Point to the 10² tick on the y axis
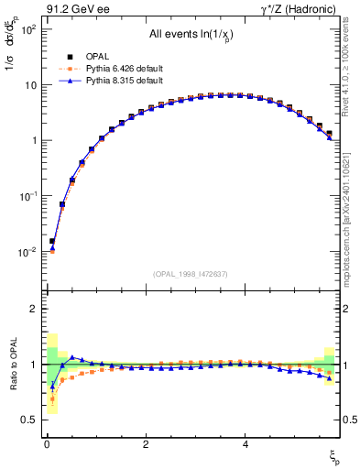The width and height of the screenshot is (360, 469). point(27,29)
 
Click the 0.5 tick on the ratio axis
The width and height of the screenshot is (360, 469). point(28,420)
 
